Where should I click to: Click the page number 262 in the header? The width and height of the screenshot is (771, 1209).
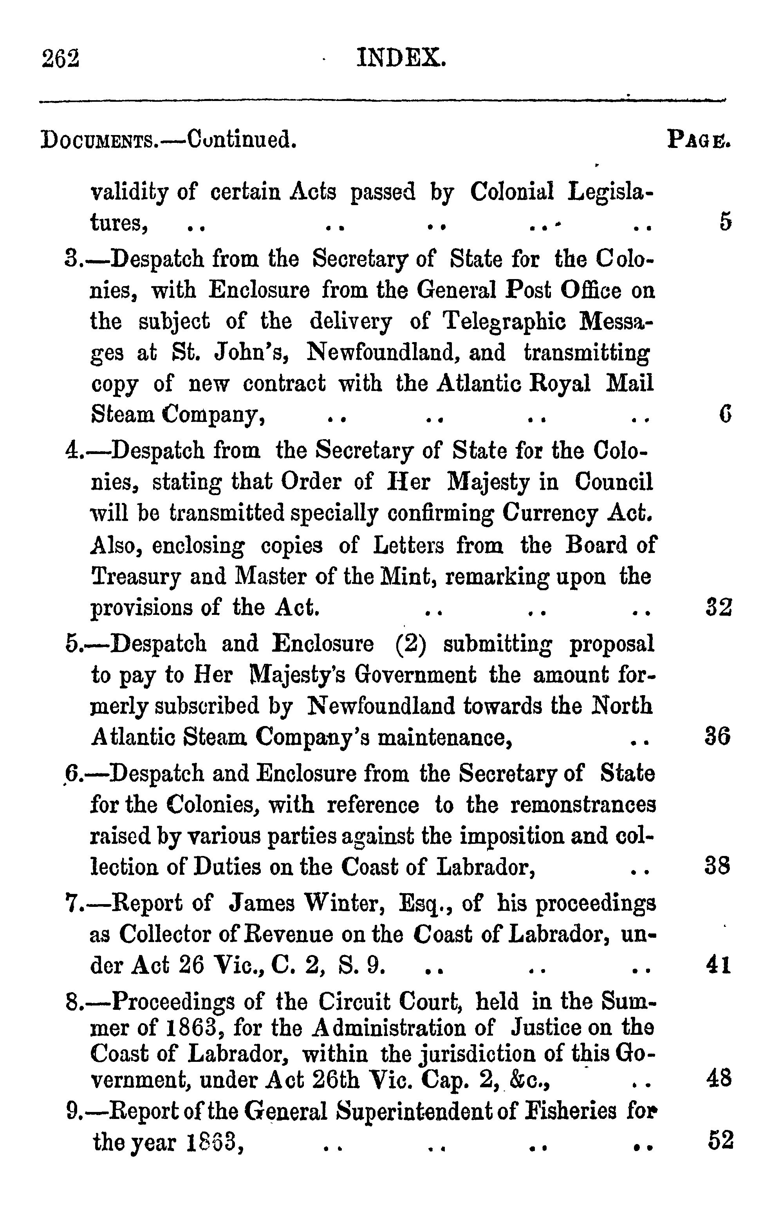[61, 59]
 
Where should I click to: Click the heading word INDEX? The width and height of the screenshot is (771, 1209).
[401, 58]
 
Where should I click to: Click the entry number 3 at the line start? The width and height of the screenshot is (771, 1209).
[71, 260]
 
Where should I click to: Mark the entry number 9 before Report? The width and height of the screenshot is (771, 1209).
[72, 1112]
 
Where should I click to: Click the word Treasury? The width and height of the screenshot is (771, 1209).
[135, 577]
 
